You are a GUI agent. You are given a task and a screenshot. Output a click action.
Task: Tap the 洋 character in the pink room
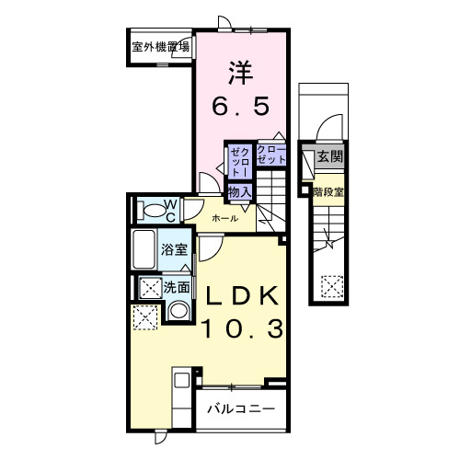tap(242, 70)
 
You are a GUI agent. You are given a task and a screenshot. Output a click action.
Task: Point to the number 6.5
tap(241, 107)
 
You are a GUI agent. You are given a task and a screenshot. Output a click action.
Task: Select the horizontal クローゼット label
tap(271, 155)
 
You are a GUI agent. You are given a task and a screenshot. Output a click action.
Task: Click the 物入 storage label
tap(239, 190)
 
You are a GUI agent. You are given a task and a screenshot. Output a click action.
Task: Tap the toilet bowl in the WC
tap(148, 210)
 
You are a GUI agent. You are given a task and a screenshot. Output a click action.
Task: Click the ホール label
tap(225, 218)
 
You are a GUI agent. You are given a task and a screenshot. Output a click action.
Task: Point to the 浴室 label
tap(175, 249)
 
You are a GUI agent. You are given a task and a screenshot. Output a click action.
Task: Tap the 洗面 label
tap(177, 287)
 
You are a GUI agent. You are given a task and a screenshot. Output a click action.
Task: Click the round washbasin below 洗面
tap(179, 310)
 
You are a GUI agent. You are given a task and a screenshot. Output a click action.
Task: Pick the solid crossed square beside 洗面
tap(148, 287)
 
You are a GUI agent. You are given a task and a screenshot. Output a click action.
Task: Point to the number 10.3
tap(241, 329)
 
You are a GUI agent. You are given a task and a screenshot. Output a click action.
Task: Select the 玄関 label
tap(329, 157)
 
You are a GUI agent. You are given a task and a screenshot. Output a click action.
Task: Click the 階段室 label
tap(328, 192)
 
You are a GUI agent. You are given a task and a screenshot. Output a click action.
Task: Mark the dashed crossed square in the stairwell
tap(331, 288)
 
